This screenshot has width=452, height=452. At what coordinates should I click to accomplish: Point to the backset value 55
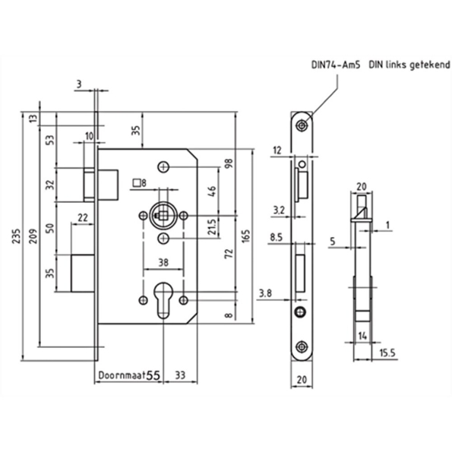click(x=153, y=375)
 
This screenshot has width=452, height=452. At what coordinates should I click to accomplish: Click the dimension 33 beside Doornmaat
click(x=181, y=375)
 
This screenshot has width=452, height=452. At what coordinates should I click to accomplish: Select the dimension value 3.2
click(x=278, y=207)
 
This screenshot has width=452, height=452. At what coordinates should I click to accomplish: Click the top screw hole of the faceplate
click(x=302, y=125)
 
